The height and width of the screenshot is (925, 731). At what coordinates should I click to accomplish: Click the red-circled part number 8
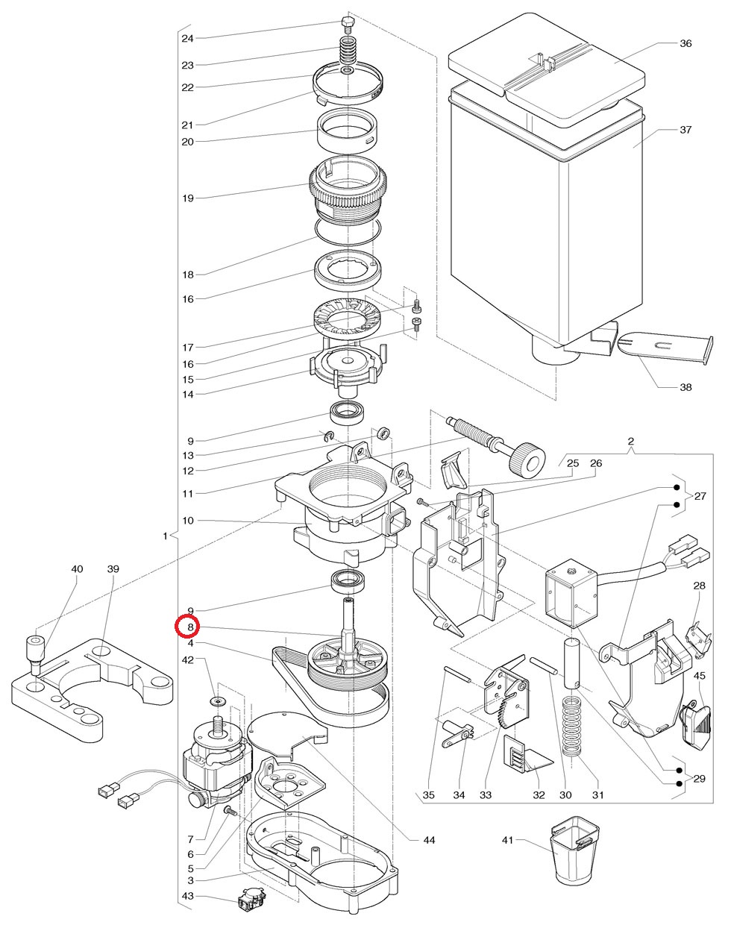coord(190,627)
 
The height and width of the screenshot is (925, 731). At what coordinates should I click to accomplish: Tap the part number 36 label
coord(685,43)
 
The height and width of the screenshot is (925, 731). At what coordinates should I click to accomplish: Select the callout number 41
coord(508,841)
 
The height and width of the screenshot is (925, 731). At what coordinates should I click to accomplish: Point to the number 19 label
coord(187,198)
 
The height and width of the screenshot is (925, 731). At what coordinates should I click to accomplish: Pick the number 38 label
coord(685,387)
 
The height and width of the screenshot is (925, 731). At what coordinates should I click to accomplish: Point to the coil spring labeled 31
coord(572,726)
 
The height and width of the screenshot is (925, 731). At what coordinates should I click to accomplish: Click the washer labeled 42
coord(217,702)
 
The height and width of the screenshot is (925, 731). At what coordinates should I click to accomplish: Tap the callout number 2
coord(631,442)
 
